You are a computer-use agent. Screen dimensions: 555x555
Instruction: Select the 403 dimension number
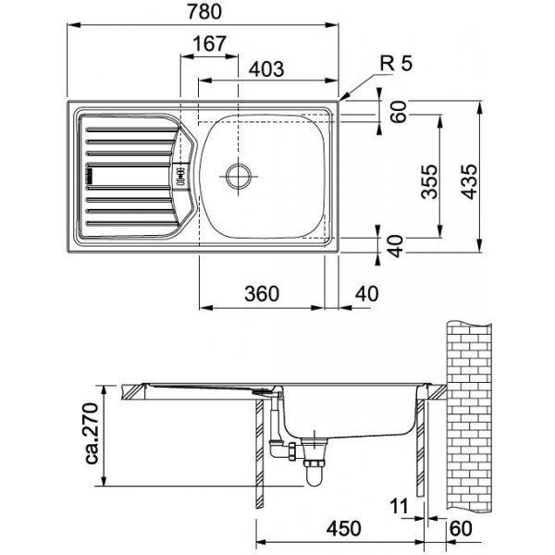point(265,68)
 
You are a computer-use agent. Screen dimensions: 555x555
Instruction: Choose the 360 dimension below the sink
point(262,293)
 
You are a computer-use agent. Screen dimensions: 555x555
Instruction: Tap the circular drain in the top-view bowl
point(239,173)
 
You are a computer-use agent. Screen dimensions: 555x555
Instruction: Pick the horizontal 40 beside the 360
point(367,293)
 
